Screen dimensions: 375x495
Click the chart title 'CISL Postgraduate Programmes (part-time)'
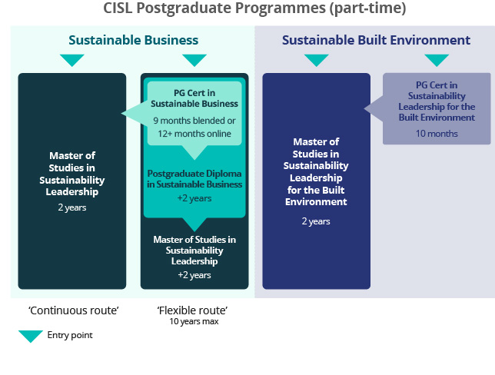254,9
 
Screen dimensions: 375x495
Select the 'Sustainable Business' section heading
133,40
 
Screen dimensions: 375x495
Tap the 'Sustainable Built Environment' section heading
375,40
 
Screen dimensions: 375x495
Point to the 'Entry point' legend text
69,335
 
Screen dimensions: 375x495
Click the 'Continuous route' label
74,310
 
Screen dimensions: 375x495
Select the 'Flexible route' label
193,310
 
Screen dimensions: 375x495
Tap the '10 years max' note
194,322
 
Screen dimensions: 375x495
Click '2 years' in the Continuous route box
72,207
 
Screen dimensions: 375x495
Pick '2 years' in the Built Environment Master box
315,221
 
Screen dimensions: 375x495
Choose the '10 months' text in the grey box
437,133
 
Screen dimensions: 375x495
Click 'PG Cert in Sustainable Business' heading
194,98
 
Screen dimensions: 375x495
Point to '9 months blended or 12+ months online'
194,127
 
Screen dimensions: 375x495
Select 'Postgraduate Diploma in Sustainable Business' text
194,178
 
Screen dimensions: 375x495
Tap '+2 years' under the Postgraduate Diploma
194,198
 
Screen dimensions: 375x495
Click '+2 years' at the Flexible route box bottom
194,275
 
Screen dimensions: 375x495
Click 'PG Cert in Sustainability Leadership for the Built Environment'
437,101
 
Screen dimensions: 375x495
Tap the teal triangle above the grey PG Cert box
437,60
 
